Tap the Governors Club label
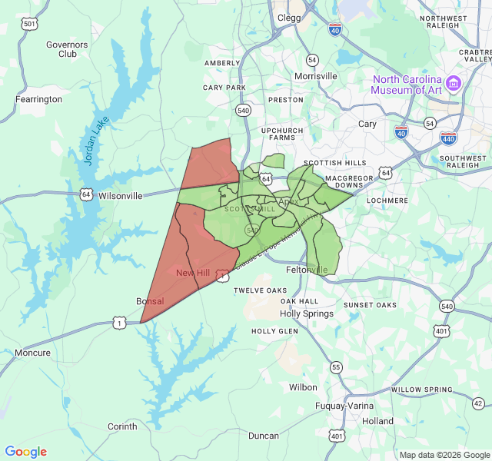point(67,49)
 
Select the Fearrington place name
point(38,99)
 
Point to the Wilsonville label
point(121,196)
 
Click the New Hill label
point(193,274)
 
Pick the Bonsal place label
point(150,301)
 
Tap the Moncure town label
point(32,353)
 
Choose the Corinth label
point(122,426)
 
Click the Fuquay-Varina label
point(344,406)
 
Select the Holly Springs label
point(307,313)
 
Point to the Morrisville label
point(316,76)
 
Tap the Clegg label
point(289,17)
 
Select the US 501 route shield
point(29,24)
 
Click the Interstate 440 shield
point(449,138)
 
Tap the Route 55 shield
point(336,367)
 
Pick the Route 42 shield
point(478,403)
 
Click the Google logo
point(26,452)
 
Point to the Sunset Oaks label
point(370,305)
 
